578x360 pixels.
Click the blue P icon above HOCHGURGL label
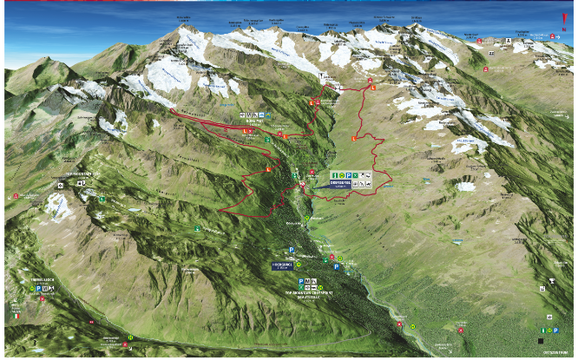pyautogui.click(x=292, y=250)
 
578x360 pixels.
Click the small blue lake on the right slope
pyautogui.click(x=467, y=186)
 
